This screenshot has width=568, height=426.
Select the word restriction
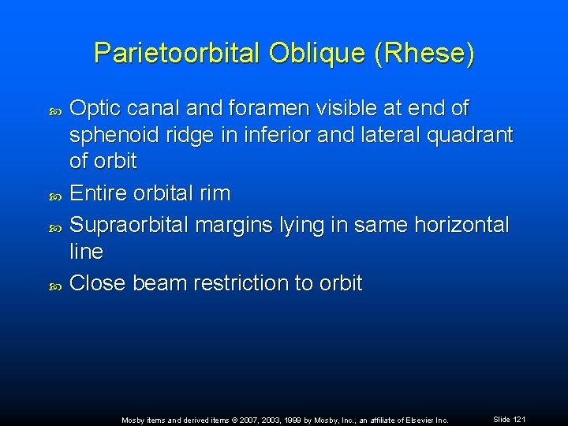[x=241, y=283]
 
